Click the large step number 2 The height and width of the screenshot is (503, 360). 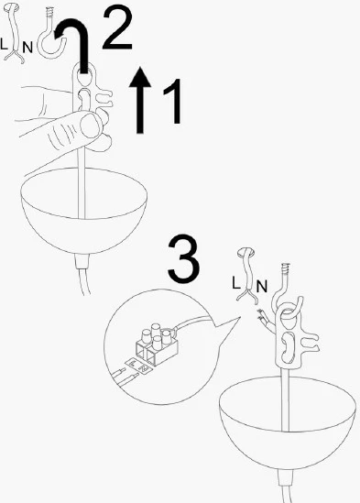pyautogui.click(x=117, y=28)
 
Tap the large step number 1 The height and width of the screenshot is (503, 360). pyautogui.click(x=173, y=102)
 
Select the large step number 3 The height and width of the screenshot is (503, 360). pyautogui.click(x=183, y=258)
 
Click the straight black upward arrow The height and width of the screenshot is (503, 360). pyautogui.click(x=140, y=100)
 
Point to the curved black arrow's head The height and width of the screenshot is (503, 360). pyautogui.click(x=60, y=32)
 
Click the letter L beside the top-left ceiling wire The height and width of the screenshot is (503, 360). pyautogui.click(x=4, y=44)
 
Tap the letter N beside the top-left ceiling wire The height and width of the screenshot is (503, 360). pyautogui.click(x=27, y=48)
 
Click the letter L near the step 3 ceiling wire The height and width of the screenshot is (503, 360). pyautogui.click(x=235, y=283)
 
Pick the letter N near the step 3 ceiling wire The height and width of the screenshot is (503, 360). pyautogui.click(x=262, y=286)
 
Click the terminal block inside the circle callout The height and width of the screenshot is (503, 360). pyautogui.click(x=157, y=344)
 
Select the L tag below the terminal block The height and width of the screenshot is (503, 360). pyautogui.click(x=133, y=364)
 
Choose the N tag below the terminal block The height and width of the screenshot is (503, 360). pyautogui.click(x=145, y=369)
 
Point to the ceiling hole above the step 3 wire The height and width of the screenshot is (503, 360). pyautogui.click(x=245, y=253)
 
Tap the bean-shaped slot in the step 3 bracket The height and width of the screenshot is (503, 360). pyautogui.click(x=288, y=346)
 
